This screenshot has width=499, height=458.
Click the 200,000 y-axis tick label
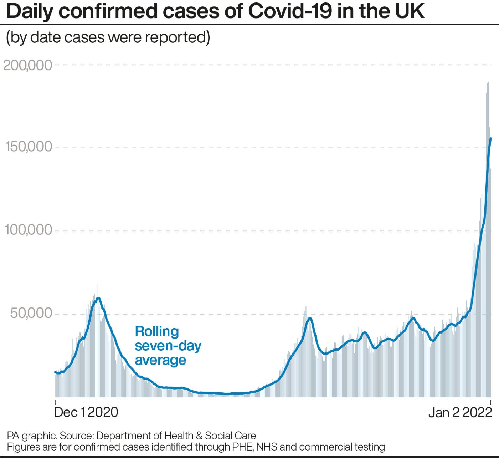[x=28, y=65]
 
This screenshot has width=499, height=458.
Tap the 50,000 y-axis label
[x=31, y=313]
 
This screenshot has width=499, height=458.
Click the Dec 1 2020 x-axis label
[x=86, y=412]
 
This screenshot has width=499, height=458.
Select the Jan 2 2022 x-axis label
[x=460, y=413]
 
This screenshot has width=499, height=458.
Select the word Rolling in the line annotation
[x=157, y=331]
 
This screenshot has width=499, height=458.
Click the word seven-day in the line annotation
[x=168, y=346]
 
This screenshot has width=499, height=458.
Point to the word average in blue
[x=160, y=360]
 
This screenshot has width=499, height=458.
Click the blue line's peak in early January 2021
[x=98, y=298]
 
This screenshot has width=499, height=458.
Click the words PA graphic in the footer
[x=31, y=436]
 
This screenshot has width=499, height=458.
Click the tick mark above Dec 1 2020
[x=55, y=402]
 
